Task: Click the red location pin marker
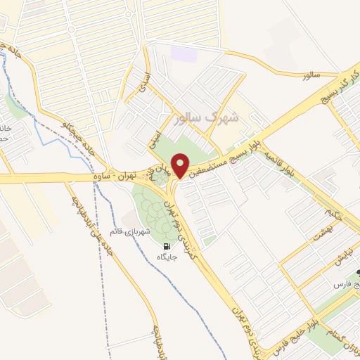[x=181, y=166]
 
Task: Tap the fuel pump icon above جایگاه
[x=167, y=246]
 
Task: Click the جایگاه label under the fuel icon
[x=167, y=257]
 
